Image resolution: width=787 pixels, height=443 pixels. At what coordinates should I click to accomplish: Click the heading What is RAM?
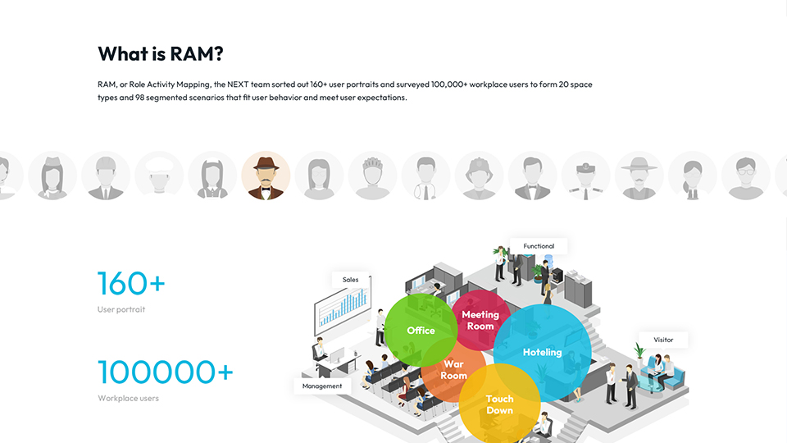tap(160, 54)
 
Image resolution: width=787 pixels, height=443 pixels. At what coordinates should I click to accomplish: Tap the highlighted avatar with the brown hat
tap(266, 176)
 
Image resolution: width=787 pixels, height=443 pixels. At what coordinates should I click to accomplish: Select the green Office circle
tap(421, 330)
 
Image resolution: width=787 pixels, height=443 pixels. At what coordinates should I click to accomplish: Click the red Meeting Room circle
tap(481, 320)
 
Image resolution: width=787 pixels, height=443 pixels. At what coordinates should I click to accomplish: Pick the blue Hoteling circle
tap(543, 353)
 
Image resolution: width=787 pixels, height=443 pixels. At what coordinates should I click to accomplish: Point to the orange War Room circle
tap(453, 370)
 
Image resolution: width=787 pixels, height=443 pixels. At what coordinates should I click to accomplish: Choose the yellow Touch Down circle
tap(500, 404)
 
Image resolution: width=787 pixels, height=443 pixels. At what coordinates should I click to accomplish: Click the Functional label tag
tap(539, 246)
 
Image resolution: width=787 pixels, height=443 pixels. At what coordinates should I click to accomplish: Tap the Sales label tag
tap(350, 280)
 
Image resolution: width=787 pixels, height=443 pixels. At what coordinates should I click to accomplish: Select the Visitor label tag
tap(663, 340)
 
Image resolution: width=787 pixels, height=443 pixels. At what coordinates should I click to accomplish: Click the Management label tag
tap(322, 386)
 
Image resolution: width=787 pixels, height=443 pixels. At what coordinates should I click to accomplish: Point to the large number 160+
tap(131, 283)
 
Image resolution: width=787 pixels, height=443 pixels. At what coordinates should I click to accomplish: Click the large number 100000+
tap(166, 372)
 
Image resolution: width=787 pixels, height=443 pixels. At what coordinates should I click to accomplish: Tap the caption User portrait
tap(121, 309)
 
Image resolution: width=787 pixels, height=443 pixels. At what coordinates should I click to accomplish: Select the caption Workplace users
tap(129, 399)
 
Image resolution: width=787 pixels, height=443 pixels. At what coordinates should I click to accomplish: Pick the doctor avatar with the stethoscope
tap(425, 176)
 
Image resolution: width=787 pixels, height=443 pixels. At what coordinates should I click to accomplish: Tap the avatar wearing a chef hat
tap(159, 176)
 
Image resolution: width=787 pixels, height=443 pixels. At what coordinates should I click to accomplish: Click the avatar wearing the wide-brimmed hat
tap(639, 176)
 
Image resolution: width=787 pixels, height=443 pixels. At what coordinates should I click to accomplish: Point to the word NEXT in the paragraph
tap(238, 84)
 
